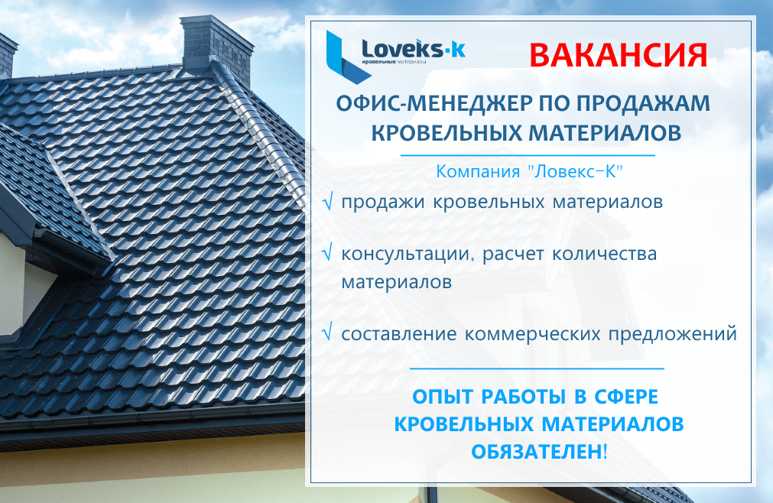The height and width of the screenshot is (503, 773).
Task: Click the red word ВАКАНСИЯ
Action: pyautogui.click(x=619, y=55)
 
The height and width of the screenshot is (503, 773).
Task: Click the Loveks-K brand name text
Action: pyautogui.click(x=413, y=49)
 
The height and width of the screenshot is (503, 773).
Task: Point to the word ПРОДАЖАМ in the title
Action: pyautogui.click(x=643, y=103)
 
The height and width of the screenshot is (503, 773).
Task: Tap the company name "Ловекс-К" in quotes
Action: pyautogui.click(x=575, y=171)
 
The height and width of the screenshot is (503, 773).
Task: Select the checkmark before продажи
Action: pyautogui.click(x=328, y=202)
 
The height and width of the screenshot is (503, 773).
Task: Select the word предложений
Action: pyautogui.click(x=672, y=335)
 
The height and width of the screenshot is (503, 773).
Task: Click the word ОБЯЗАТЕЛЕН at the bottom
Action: pyautogui.click(x=537, y=452)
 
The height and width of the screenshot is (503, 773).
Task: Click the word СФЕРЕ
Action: pyautogui.click(x=626, y=397)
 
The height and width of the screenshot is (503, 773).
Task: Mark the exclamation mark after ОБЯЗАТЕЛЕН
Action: pyautogui.click(x=606, y=452)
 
